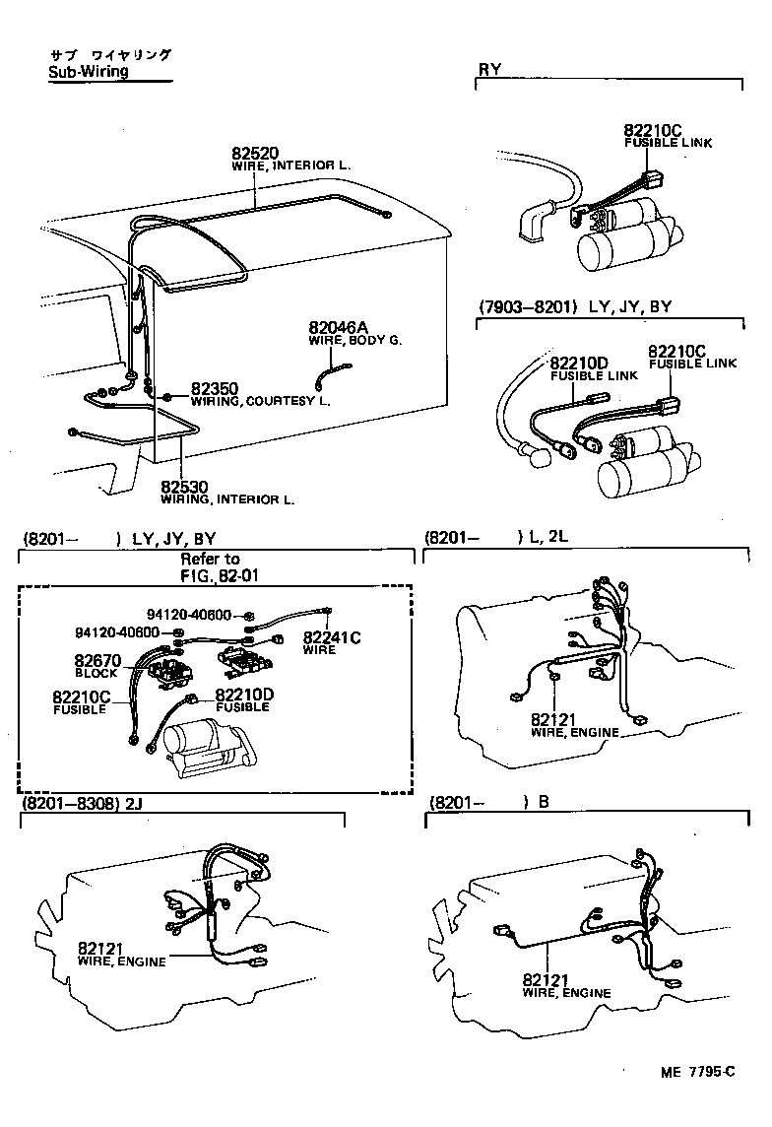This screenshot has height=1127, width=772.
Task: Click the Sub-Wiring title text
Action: coord(88,72)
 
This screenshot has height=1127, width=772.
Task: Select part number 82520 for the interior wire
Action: coord(255,153)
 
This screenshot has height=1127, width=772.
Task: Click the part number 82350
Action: coord(215,389)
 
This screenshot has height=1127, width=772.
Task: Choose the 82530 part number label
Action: coord(185,488)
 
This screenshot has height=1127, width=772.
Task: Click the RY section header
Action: coord(489,69)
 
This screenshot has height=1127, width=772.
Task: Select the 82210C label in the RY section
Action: coord(651,131)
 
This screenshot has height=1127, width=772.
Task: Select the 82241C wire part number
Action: coord(332,637)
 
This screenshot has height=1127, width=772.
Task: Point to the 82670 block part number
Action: coord(96,661)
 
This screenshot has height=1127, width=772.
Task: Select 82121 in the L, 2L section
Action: coord(553,720)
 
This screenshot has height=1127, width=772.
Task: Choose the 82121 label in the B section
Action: coord(547,980)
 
